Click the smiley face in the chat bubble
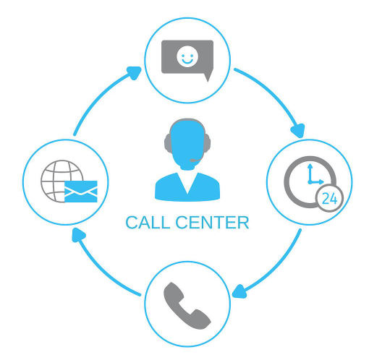pos(187,56)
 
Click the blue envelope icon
pos(81,192)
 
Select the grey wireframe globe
pos(62,181)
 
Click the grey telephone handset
pos(187,306)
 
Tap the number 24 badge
pos(329,199)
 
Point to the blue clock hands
pos(313,176)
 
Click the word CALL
pos(148,223)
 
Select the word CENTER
pos(212,223)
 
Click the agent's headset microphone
pos(196,160)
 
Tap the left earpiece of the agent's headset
pos(168,143)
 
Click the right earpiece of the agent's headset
pos(207,143)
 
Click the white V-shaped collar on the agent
pos(187,182)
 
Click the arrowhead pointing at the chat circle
pos(135,72)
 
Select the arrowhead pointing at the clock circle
pos(298,130)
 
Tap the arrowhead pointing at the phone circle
pos(239,291)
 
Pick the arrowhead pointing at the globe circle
pos(79,235)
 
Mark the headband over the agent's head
pos(187,120)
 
